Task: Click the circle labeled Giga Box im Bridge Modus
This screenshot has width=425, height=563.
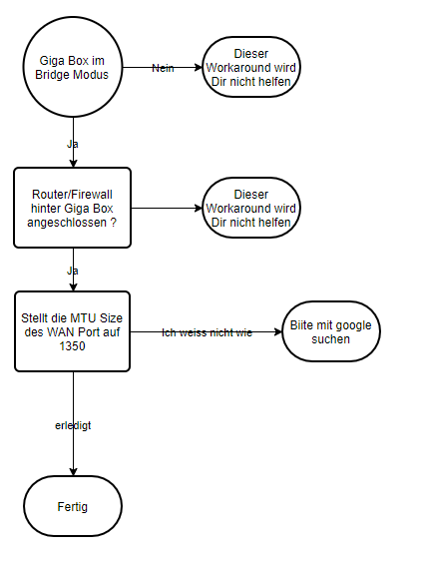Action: [73, 67]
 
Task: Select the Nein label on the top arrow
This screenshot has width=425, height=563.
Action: [163, 67]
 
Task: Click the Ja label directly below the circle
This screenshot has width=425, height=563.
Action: [73, 144]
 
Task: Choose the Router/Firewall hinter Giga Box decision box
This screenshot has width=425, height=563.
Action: [73, 208]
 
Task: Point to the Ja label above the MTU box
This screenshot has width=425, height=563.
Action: [73, 270]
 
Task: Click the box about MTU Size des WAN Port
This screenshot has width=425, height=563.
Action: [73, 331]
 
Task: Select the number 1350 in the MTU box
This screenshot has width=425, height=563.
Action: [73, 345]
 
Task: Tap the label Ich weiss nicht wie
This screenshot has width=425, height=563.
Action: [207, 332]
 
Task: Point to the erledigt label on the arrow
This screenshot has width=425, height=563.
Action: [73, 425]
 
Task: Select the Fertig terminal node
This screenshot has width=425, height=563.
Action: [73, 506]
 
